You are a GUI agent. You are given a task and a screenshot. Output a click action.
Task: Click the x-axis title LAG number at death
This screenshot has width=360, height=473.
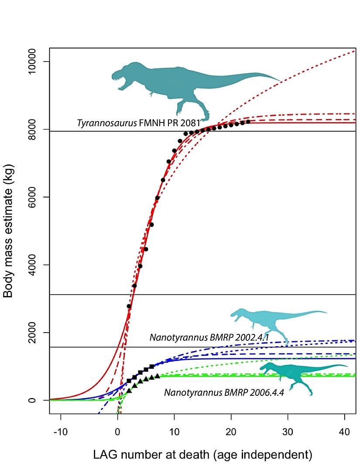click(x=202, y=456)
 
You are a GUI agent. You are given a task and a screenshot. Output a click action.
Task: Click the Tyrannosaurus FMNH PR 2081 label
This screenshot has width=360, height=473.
click(x=139, y=123)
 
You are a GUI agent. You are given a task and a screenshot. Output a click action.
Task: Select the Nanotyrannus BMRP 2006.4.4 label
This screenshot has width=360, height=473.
click(x=224, y=392)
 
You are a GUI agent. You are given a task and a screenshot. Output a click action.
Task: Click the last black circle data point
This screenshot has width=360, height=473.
click(x=248, y=122)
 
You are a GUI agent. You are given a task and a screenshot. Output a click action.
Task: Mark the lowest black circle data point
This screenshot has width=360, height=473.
click(x=129, y=306)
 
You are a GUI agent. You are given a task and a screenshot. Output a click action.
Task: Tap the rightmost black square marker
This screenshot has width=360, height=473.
click(x=151, y=367)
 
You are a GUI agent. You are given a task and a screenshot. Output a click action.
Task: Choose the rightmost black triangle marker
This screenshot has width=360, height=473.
click(x=157, y=376)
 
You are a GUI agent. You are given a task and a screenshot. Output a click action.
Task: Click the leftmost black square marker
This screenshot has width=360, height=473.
click(x=129, y=381)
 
